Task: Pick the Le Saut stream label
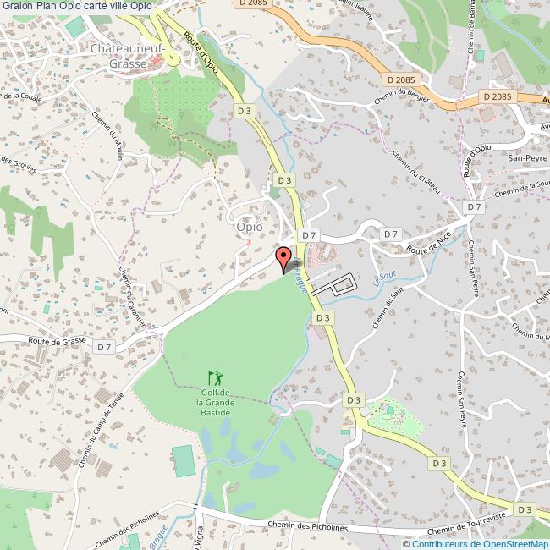coord(385,276)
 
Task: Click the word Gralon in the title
coord(19,6)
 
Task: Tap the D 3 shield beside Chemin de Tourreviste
coord(525,509)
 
